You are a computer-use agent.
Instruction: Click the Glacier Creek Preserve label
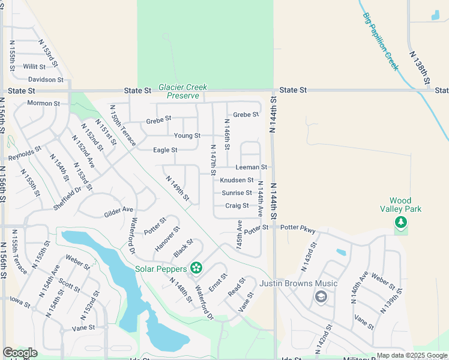pos(182,91)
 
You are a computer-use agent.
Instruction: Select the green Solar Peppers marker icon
pos(195,268)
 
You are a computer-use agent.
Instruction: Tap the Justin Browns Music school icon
pos(321,296)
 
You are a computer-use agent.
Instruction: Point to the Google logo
pos(20,353)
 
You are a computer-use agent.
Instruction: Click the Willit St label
pos(35,67)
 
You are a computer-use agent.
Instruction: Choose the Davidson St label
pos(46,79)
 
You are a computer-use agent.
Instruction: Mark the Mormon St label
pos(44,103)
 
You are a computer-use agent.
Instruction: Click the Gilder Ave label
pos(118,209)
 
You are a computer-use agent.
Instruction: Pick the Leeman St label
pos(252,167)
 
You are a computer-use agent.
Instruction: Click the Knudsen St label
pos(237,180)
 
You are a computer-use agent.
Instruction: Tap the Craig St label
pos(237,206)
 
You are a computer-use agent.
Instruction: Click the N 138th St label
pos(420,67)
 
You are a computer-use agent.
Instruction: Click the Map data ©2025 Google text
pos(411,355)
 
